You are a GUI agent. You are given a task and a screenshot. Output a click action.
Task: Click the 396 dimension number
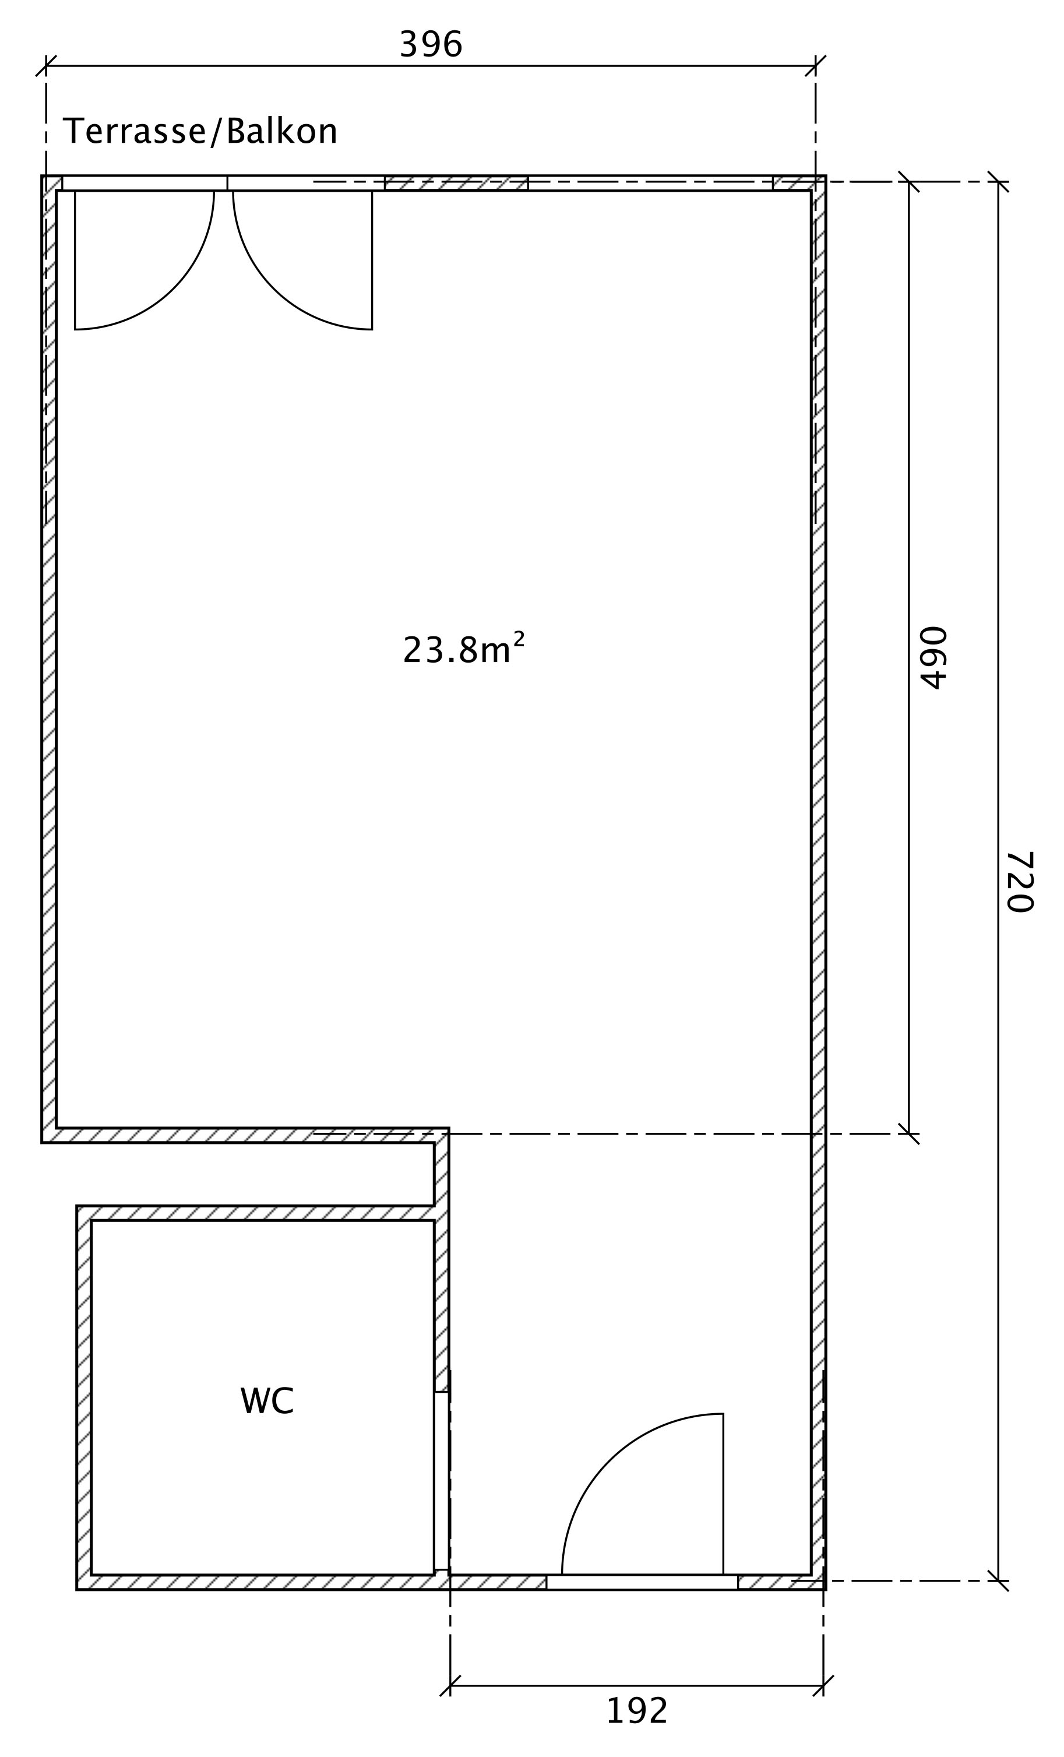pyautogui.click(x=431, y=44)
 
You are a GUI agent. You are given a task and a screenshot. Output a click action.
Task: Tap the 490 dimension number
pyautogui.click(x=933, y=657)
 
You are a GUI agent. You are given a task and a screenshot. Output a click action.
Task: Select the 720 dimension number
pyautogui.click(x=1020, y=881)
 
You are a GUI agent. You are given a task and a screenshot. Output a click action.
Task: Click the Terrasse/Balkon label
pyautogui.click(x=200, y=131)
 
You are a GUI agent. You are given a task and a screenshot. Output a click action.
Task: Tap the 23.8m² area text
pyautogui.click(x=464, y=647)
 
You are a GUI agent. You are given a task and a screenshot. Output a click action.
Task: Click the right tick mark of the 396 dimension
pyautogui.click(x=816, y=66)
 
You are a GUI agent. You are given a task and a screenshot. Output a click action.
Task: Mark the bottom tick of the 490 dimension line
pyautogui.click(x=908, y=1134)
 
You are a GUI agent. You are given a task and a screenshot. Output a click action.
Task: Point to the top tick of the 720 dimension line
pyautogui.click(x=998, y=182)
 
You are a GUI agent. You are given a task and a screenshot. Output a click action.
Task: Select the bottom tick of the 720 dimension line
pyautogui.click(x=998, y=1581)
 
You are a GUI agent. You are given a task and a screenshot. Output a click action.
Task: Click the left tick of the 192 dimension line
pyautogui.click(x=450, y=1686)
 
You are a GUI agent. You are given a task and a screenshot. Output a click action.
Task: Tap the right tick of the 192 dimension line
pyautogui.click(x=823, y=1686)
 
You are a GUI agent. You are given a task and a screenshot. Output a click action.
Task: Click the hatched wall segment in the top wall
pyautogui.click(x=456, y=182)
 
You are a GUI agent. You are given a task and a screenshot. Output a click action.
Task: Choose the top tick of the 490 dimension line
pyautogui.click(x=908, y=182)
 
